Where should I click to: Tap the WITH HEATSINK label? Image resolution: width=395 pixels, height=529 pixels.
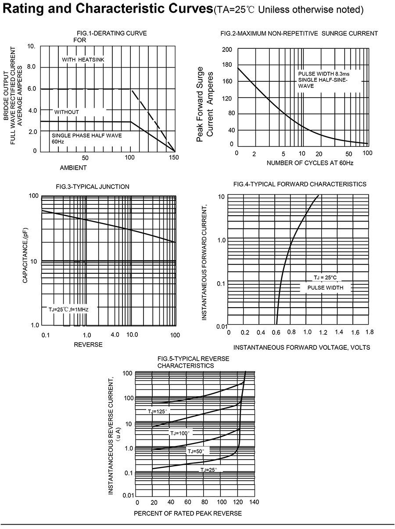(83, 59)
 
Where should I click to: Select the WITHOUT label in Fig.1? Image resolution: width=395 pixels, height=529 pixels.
(67, 112)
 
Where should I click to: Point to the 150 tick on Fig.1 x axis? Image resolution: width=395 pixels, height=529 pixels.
(174, 157)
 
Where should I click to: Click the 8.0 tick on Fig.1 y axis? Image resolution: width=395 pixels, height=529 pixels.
(32, 67)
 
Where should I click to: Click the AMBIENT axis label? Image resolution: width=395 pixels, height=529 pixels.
(73, 167)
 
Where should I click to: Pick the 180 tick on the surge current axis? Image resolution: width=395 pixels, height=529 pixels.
(226, 65)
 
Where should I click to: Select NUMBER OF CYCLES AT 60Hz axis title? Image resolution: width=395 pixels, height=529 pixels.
(310, 163)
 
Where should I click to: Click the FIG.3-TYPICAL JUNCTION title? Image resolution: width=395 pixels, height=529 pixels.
(93, 187)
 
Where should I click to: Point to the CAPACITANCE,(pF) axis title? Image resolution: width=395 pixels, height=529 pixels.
(25, 255)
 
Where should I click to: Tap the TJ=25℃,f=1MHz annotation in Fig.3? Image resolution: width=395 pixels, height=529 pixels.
(68, 310)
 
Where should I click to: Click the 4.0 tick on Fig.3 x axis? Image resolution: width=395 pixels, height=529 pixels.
(115, 335)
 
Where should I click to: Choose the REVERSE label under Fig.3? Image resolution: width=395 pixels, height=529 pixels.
(88, 344)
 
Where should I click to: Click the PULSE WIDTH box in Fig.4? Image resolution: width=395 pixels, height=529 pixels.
(325, 288)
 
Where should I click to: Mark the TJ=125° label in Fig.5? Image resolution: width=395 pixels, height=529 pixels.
(158, 411)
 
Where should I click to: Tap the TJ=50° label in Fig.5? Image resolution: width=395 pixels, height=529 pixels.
(196, 451)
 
